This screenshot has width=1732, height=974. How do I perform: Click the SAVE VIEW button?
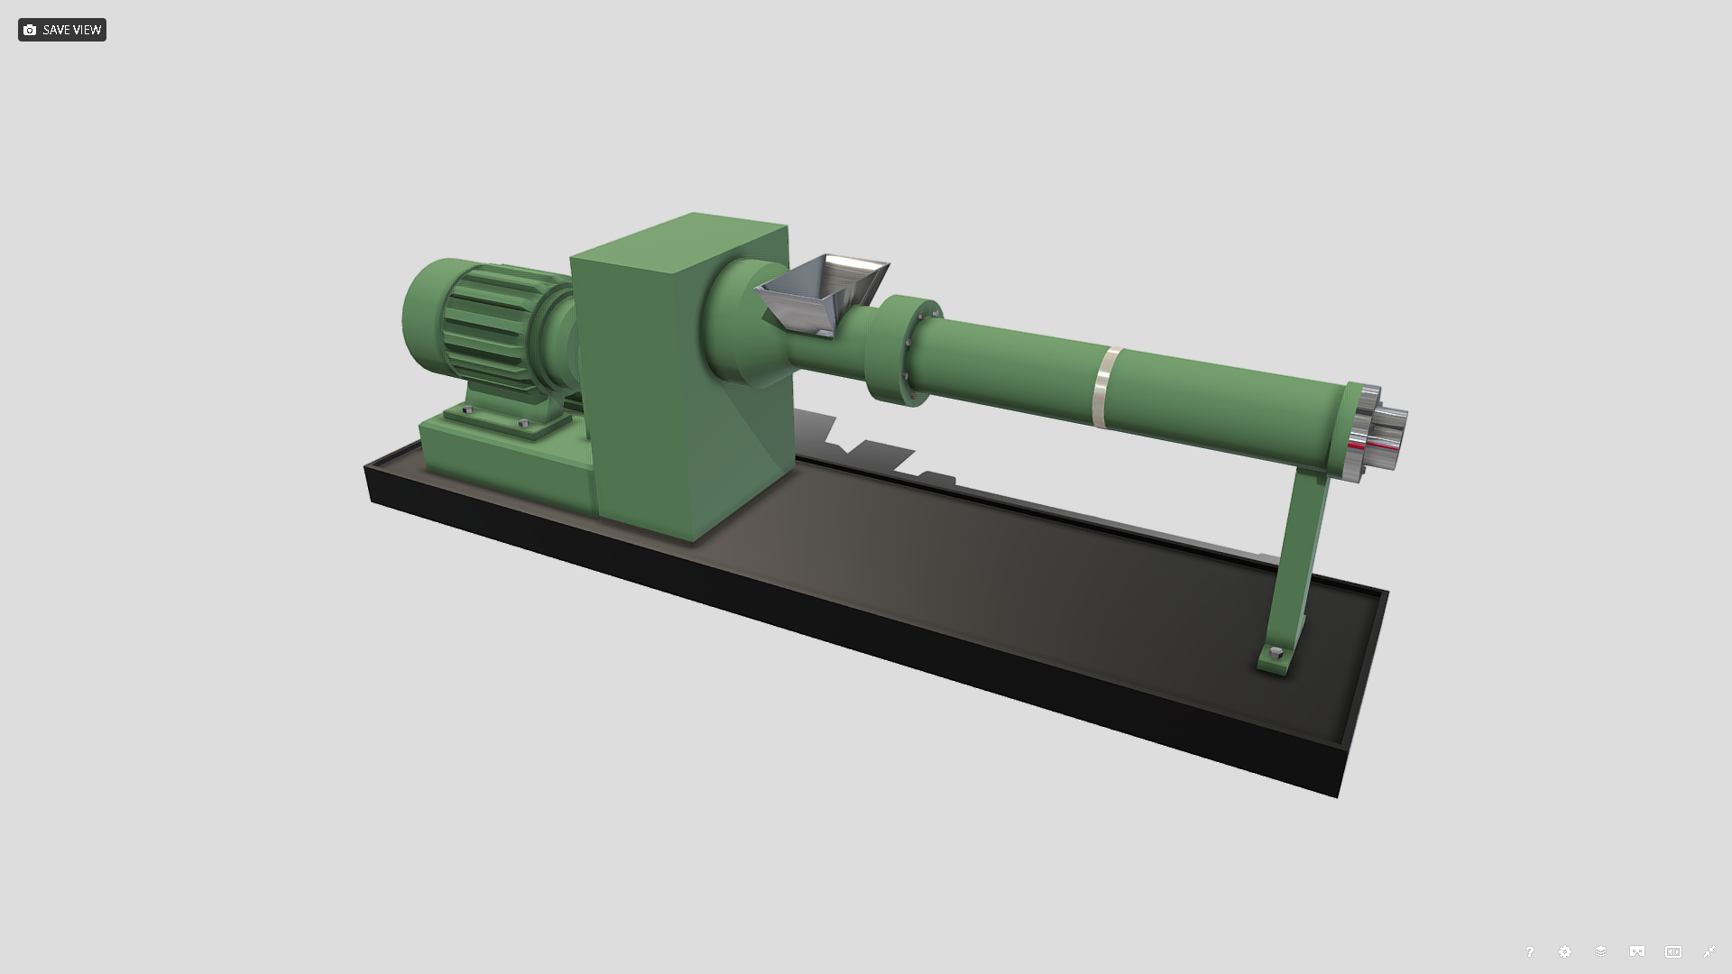[x=62, y=30]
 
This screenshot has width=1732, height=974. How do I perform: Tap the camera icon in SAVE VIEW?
[x=30, y=30]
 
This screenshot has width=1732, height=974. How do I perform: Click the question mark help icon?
[x=1529, y=951]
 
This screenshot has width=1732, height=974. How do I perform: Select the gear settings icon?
[x=1565, y=951]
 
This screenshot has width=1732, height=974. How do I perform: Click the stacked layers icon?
[x=1601, y=951]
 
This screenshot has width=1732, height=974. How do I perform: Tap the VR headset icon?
[x=1637, y=951]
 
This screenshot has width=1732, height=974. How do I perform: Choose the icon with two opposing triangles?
[x=1673, y=951]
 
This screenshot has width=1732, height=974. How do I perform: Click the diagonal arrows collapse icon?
[x=1709, y=951]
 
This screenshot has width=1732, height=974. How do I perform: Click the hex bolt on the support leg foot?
[x=1276, y=653]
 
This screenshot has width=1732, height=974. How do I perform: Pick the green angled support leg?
[x=1299, y=559]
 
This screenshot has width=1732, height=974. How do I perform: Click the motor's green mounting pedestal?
[x=505, y=451]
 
